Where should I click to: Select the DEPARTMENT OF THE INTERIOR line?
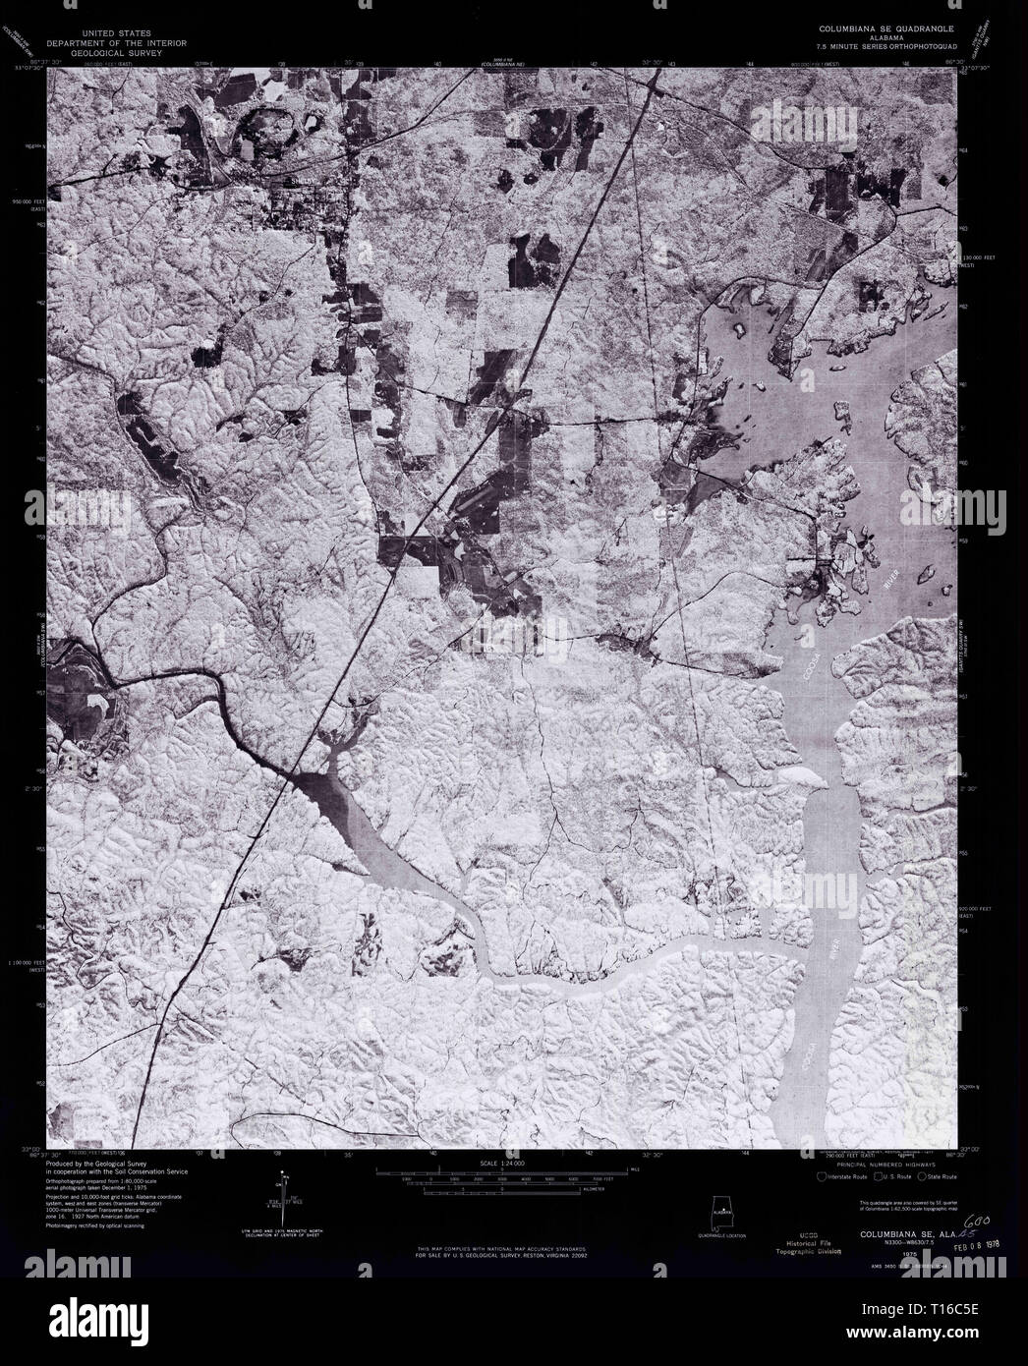(128, 44)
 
